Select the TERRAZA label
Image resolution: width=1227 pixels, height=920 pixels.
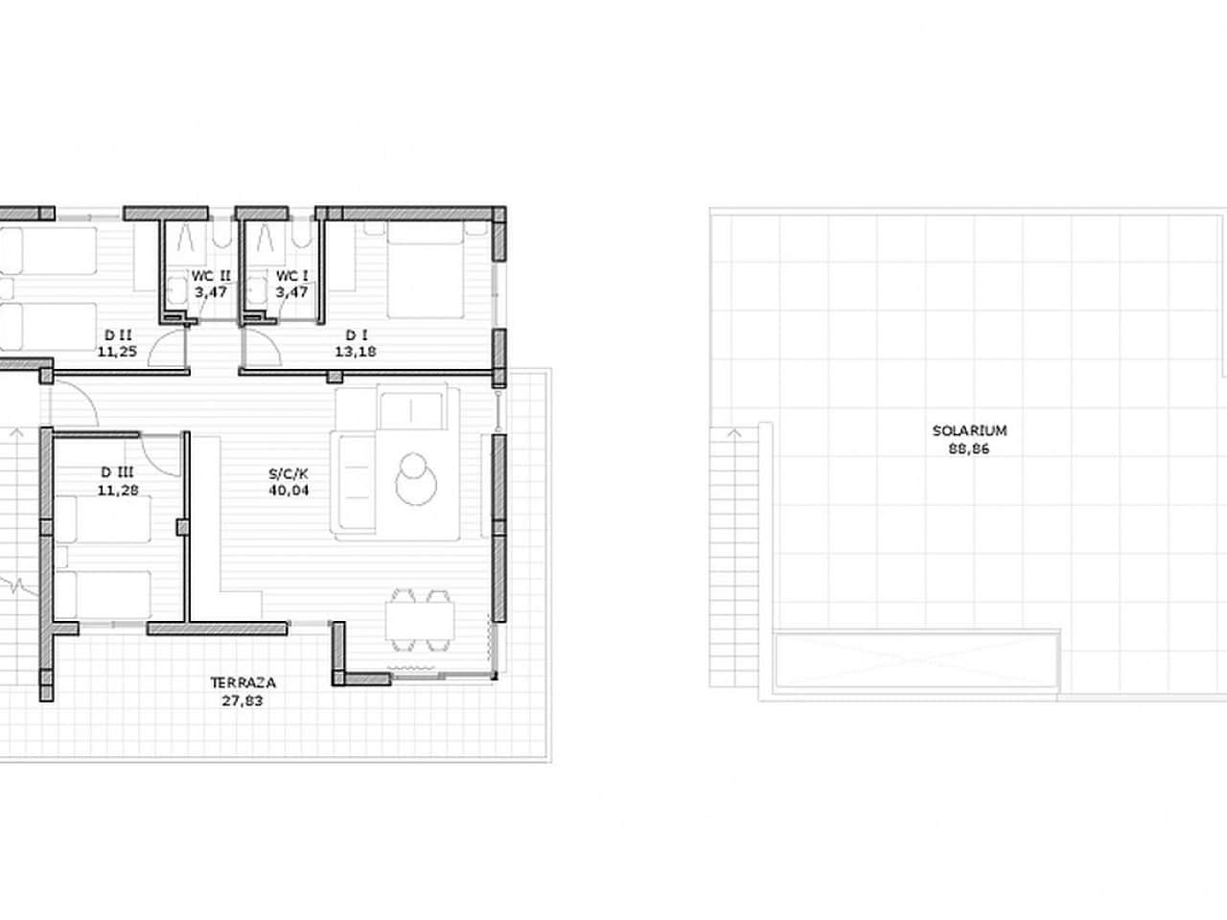click(x=243, y=683)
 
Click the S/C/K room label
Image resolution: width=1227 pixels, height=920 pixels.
click(x=289, y=473)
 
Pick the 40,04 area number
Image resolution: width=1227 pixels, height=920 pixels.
click(x=289, y=491)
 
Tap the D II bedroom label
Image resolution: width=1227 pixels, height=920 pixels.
click(x=119, y=334)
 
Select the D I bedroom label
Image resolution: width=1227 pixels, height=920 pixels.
click(x=357, y=334)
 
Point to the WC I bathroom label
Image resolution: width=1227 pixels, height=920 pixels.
click(x=291, y=276)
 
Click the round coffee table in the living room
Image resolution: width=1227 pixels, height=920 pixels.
click(x=416, y=475)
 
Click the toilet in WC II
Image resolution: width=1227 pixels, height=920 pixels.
click(x=175, y=288)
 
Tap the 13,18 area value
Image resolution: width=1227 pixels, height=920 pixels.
click(x=357, y=351)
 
